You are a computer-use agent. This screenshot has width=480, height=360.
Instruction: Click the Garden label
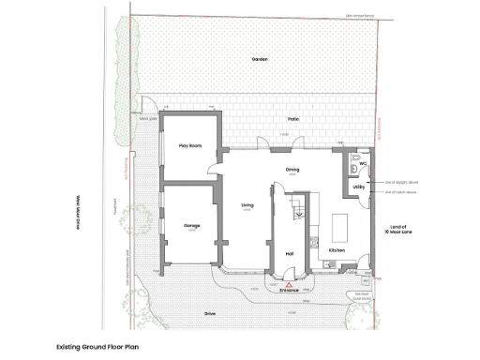[260, 59]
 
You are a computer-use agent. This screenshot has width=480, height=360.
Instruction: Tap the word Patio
[293, 120]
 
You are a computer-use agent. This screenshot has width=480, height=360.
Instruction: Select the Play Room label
[191, 145]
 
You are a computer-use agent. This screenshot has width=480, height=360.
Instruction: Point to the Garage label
[190, 226]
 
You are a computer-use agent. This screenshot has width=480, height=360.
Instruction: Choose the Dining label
[292, 170]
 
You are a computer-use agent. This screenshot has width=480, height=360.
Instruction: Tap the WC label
[362, 163]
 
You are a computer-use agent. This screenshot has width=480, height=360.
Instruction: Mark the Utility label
[359, 187]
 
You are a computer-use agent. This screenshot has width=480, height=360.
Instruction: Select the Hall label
[291, 253]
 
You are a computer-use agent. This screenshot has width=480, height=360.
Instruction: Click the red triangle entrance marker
[290, 282]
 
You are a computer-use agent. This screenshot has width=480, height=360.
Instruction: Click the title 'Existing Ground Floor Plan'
[97, 346]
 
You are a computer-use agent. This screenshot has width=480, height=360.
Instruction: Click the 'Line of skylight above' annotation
[399, 182]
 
